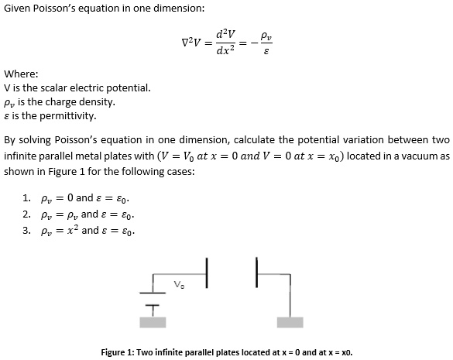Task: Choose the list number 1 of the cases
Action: click(27, 197)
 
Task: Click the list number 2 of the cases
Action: click(27, 214)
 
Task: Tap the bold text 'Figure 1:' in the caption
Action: click(122, 352)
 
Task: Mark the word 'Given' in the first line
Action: click(18, 8)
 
